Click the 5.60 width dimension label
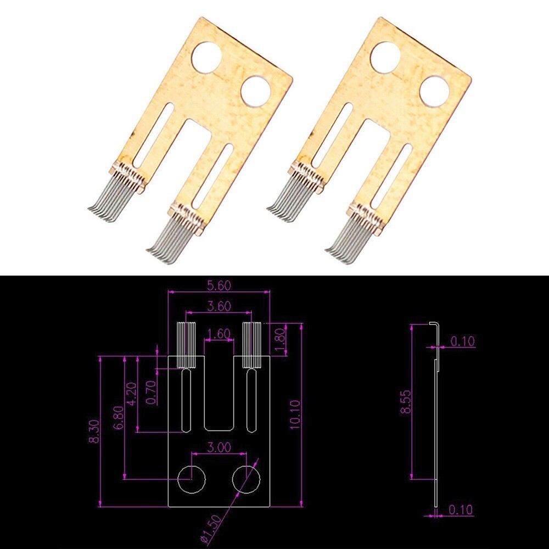click(x=219, y=285)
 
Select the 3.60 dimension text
click(x=219, y=306)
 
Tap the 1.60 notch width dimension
click(x=219, y=333)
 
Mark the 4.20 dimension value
click(x=130, y=394)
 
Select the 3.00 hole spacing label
click(x=219, y=447)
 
